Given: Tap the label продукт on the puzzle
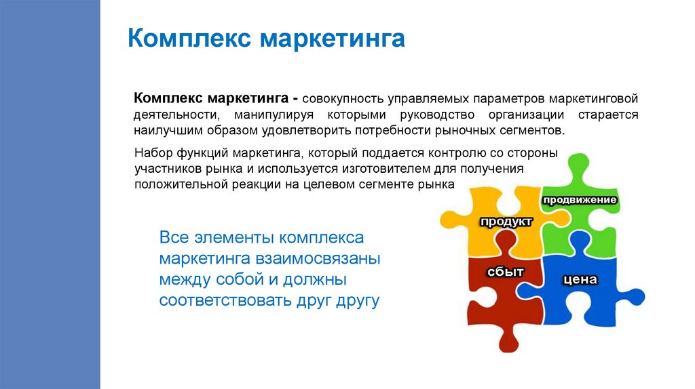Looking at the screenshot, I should (506, 222).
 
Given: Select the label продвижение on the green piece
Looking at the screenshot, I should (579, 200).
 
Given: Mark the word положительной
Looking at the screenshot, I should (179, 184).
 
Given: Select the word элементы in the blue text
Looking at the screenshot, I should (237, 239).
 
